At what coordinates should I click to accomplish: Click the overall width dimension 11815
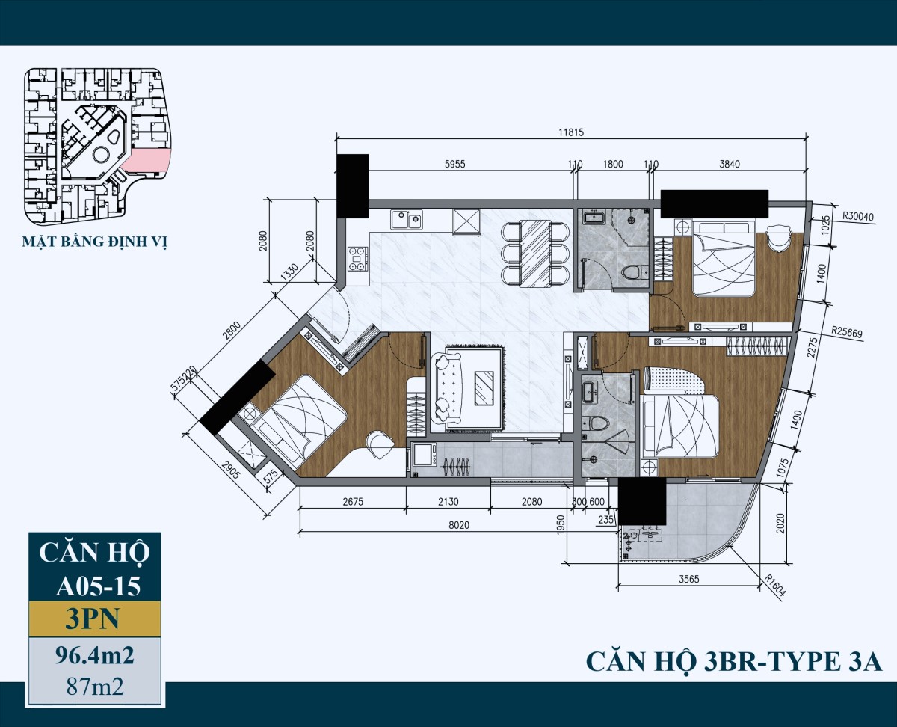[570, 132]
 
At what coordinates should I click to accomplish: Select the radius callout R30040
[858, 215]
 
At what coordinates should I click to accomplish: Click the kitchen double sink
[405, 221]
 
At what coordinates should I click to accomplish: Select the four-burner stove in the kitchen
[357, 258]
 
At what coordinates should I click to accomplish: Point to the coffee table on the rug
[485, 387]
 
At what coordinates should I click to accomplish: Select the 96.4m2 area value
[95, 656]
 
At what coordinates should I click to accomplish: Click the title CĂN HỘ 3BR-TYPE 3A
[734, 662]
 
